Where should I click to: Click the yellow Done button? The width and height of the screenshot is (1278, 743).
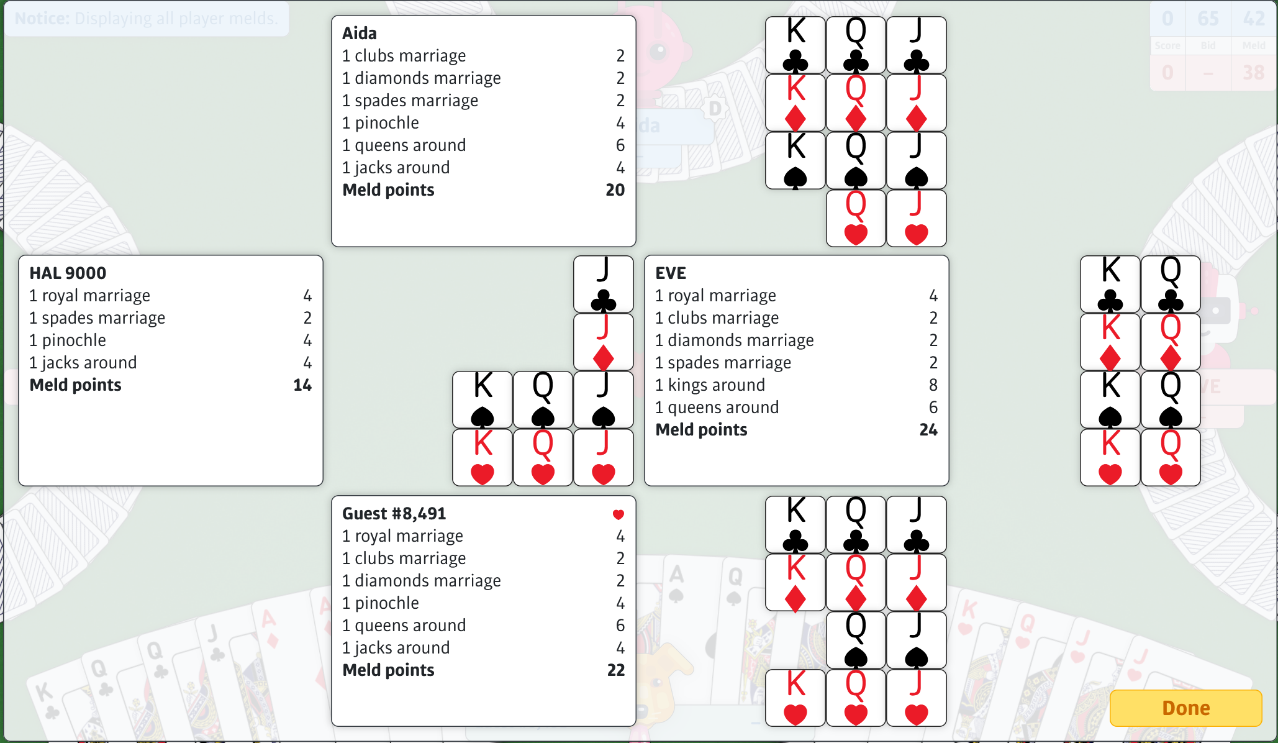pyautogui.click(x=1185, y=708)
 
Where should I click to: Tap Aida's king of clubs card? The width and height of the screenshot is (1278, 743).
pyautogui.click(x=795, y=45)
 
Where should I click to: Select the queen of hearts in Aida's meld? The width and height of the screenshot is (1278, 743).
pyautogui.click(x=856, y=219)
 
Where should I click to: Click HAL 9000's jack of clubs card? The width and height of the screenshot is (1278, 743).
pyautogui.click(x=603, y=285)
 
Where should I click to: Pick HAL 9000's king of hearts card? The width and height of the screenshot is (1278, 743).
pyautogui.click(x=483, y=458)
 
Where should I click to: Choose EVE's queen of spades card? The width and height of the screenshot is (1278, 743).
pyautogui.click(x=1171, y=400)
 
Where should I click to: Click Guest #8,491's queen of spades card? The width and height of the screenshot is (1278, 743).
pyautogui.click(x=856, y=640)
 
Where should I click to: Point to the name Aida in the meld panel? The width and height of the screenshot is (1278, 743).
pyautogui.click(x=360, y=33)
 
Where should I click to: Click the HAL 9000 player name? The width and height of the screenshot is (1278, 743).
pyautogui.click(x=68, y=273)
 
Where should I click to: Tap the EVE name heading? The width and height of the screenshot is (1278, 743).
pyautogui.click(x=671, y=273)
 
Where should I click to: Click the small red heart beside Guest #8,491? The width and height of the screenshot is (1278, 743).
pyautogui.click(x=618, y=514)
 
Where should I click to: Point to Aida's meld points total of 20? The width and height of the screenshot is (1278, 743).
pyautogui.click(x=615, y=189)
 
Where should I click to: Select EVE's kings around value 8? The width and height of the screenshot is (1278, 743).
pyautogui.click(x=933, y=385)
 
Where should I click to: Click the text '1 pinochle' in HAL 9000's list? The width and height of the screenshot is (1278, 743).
pyautogui.click(x=68, y=340)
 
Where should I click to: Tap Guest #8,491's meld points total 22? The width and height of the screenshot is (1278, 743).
pyautogui.click(x=615, y=670)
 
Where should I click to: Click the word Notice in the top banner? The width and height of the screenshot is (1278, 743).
pyautogui.click(x=42, y=18)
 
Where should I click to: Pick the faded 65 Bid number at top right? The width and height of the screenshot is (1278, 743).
pyautogui.click(x=1208, y=19)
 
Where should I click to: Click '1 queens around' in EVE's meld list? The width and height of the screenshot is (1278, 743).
pyautogui.click(x=717, y=407)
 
